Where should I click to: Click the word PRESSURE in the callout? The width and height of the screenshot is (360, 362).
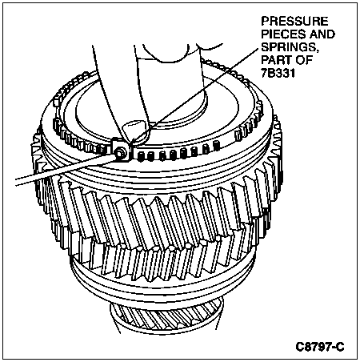click(294, 21)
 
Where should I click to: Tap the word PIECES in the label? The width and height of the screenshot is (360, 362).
click(282, 34)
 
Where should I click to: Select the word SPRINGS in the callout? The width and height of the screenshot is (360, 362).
click(289, 47)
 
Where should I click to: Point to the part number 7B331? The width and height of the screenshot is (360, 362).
click(278, 73)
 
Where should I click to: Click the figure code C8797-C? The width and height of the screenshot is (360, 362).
click(320, 347)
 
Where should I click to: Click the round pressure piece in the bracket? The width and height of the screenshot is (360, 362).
click(119, 153)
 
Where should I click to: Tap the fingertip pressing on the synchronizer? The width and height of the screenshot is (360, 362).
click(134, 131)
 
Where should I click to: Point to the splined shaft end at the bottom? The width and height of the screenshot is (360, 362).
click(167, 318)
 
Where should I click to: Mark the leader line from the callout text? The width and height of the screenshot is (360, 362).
click(194, 97)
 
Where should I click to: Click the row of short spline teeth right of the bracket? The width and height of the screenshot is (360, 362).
click(178, 152)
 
